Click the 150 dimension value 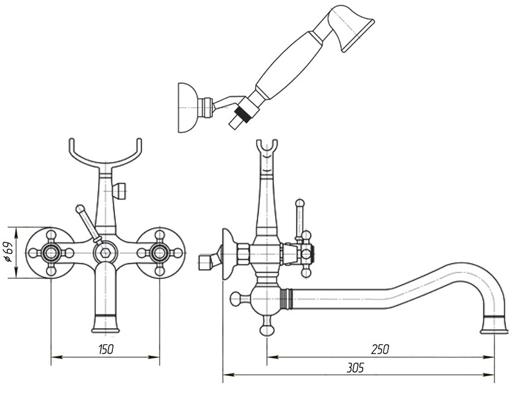pos(106,349)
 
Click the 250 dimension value pos(380,349)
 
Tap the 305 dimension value pos(355,367)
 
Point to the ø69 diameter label pos(9,253)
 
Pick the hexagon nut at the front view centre pos(105,253)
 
